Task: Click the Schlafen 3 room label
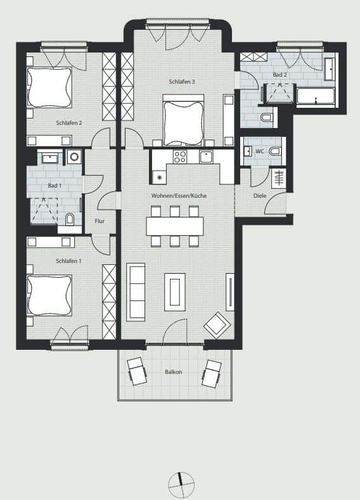coord(182,82)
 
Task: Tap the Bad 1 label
coord(55,186)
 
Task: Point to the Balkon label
coord(174,372)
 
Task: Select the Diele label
coord(260,196)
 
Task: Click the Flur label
coord(100,221)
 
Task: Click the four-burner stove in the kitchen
coord(180,157)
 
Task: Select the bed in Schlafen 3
coord(183,120)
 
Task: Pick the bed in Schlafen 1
coord(49,295)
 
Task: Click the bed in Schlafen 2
coord(49,87)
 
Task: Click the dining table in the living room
coord(175,226)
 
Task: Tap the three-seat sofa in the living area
coord(136,292)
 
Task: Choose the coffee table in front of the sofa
coord(175,292)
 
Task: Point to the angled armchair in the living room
coord(217,325)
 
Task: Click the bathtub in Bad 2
coord(316,96)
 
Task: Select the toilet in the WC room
coord(275,151)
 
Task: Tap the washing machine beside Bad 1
coord(74,157)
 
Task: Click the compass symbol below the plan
coord(181,485)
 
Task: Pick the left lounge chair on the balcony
coord(137,371)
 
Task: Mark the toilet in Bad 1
coord(70,219)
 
